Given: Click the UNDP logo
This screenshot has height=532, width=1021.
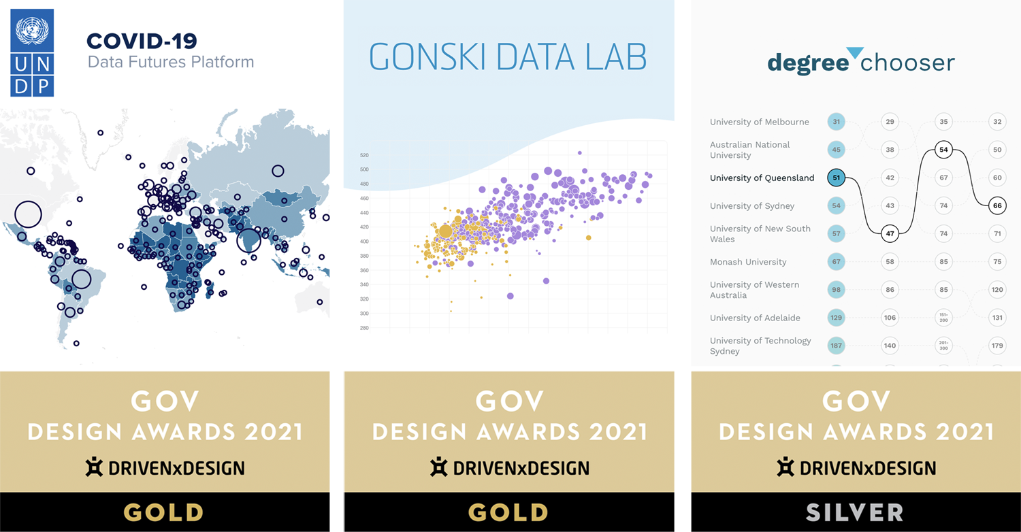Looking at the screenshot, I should click(32, 53).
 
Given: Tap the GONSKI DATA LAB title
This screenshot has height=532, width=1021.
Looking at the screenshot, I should click(508, 58).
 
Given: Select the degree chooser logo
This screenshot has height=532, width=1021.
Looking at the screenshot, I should click(861, 62).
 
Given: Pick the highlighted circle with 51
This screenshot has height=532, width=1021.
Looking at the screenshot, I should click(837, 178).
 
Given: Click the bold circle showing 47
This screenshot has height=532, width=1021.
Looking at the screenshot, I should click(890, 233).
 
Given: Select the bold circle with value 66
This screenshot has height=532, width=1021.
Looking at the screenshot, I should click(997, 205).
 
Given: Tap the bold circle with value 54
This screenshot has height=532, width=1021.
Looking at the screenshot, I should click(943, 150).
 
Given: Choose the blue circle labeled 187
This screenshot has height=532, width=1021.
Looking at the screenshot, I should click(837, 346).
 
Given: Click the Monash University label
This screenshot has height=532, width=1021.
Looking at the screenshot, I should click(748, 262).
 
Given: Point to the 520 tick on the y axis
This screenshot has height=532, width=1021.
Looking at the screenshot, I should click(364, 155).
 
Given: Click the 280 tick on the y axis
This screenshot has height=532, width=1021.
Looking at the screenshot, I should click(364, 328).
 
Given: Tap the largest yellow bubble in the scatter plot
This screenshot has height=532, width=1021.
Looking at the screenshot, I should click(445, 231).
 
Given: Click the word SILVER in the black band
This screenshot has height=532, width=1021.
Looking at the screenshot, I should click(854, 512).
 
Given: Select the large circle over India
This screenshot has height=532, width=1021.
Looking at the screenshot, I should click(248, 239).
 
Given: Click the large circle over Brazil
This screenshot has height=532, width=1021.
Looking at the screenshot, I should click(81, 279).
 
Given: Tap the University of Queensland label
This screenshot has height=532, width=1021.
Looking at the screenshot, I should click(762, 178).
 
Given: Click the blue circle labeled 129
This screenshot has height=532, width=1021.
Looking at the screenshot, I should click(837, 318).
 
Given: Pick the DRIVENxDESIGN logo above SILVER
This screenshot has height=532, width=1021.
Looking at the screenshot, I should click(856, 468).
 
